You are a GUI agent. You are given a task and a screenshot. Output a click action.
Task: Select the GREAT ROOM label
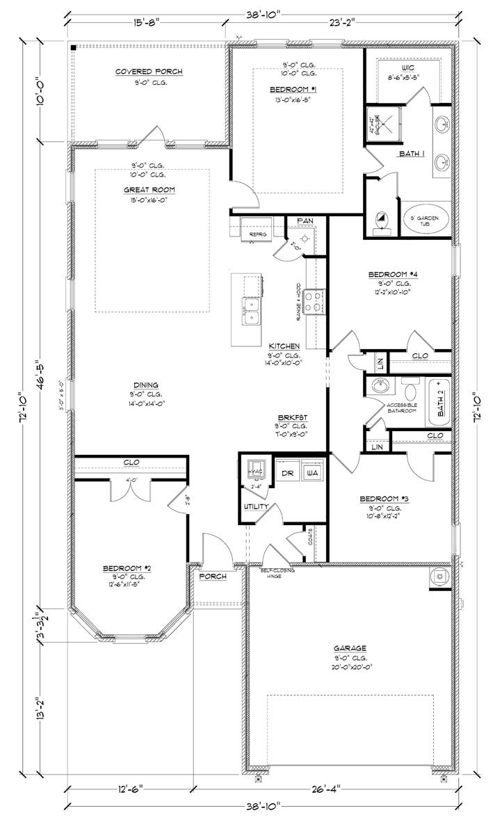pos(149,189)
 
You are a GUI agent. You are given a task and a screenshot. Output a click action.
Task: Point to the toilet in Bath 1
pos(381,221)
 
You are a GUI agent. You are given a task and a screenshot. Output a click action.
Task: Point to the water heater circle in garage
pos(439,577)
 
